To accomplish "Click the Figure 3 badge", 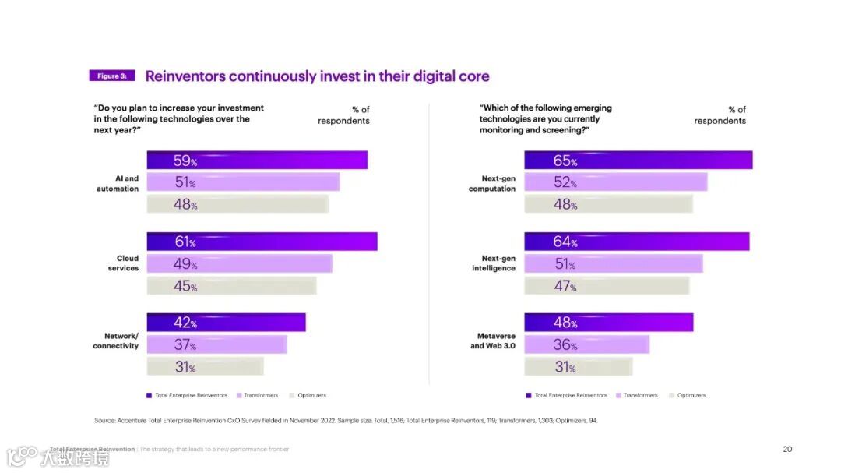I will coord(112,76).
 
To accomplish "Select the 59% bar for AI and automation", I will coord(257,161).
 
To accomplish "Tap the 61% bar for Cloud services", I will coord(262,242).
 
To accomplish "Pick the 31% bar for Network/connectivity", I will coord(206,366).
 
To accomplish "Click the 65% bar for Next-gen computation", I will coord(638,161).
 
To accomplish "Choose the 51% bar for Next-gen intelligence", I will coord(613,263).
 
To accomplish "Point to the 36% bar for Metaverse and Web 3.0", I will coord(586,344).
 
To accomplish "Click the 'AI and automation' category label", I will coord(118,183).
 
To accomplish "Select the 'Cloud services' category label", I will coord(123,263).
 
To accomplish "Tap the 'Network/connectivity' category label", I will coord(116,341).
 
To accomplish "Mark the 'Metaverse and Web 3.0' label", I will coord(493,341).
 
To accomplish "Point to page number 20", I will coord(787,449).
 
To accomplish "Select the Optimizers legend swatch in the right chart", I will coord(670,395).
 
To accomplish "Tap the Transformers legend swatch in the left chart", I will coord(239,395).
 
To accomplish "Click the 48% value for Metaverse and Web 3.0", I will coord(565,323).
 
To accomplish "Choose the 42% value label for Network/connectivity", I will coord(185,323).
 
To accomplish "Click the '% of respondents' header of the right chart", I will coord(720,115).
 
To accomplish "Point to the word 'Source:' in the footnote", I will coord(105,421).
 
